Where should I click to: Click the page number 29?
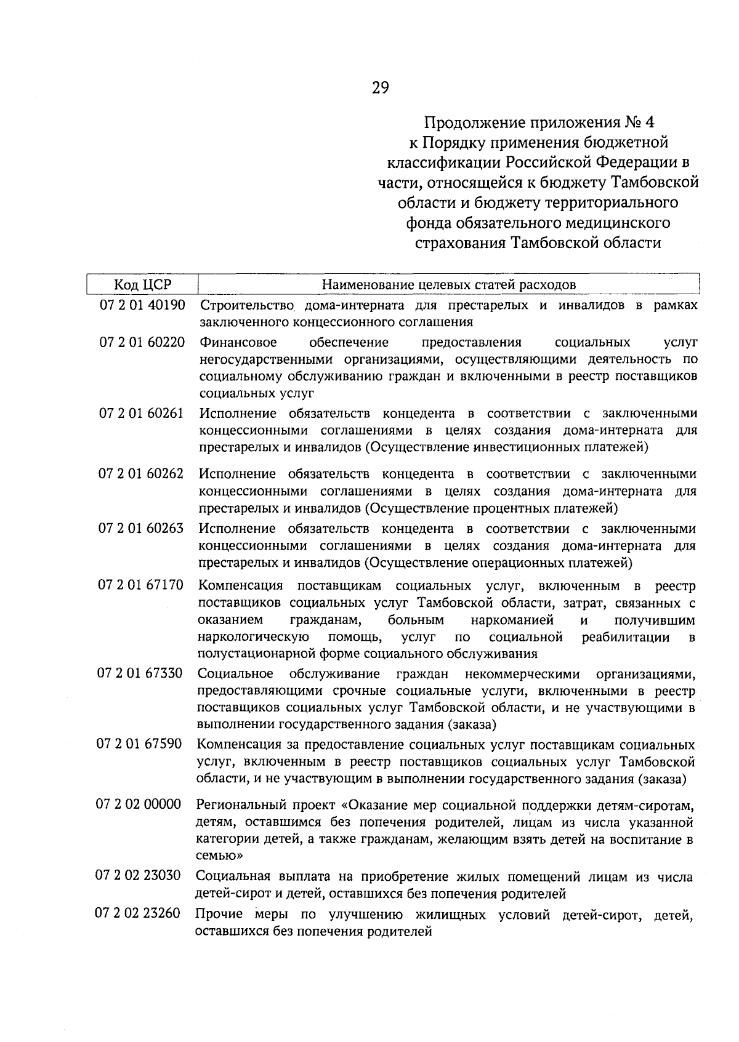pyautogui.click(x=380, y=88)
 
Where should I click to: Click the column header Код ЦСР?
pyautogui.click(x=142, y=284)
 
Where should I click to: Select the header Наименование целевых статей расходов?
pyautogui.click(x=449, y=284)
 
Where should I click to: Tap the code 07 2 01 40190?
pyautogui.click(x=142, y=305)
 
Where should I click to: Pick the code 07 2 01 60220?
pyautogui.click(x=142, y=342)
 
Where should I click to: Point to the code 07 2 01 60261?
pyautogui.click(x=142, y=413)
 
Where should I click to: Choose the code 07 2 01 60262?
pyautogui.click(x=141, y=474)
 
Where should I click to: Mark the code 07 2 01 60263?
pyautogui.click(x=141, y=529)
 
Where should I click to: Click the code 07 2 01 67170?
pyautogui.click(x=140, y=585)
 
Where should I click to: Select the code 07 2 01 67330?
pyautogui.click(x=140, y=674)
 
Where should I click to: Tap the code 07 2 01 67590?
pyautogui.click(x=139, y=744)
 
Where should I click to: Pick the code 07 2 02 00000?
pyautogui.click(x=139, y=804)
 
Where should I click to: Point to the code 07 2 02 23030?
pyautogui.click(x=138, y=876)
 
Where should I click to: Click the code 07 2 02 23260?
pyautogui.click(x=137, y=913)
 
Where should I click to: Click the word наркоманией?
pyautogui.click(x=512, y=620)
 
